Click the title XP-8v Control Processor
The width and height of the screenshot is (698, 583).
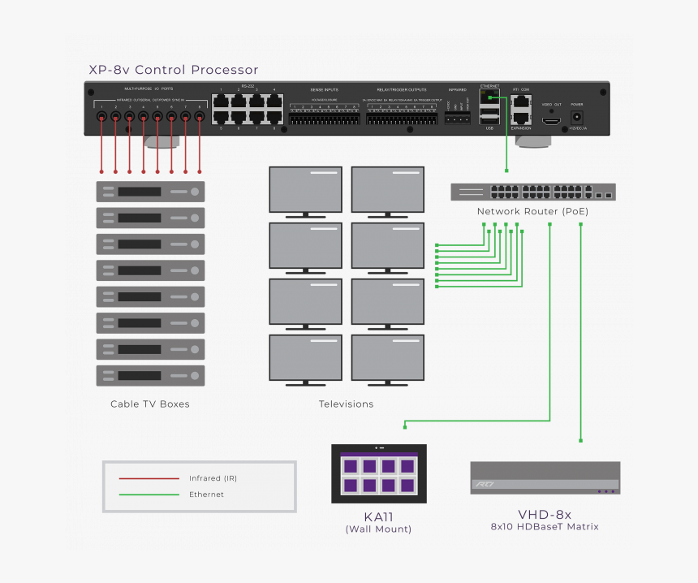pyautogui.click(x=173, y=70)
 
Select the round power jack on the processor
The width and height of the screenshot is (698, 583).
pyautogui.click(x=577, y=117)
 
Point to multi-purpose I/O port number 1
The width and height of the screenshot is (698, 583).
pyautogui.click(x=101, y=117)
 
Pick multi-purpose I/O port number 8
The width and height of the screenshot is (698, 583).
pyautogui.click(x=200, y=117)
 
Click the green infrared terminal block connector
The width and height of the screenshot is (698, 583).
pyautogui.click(x=457, y=118)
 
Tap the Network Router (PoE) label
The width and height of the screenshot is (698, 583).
pyautogui.click(x=532, y=211)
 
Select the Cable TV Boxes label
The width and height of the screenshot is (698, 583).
pyautogui.click(x=150, y=404)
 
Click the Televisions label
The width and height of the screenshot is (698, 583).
pyautogui.click(x=346, y=404)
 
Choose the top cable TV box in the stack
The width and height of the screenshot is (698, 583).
pyautogui.click(x=150, y=192)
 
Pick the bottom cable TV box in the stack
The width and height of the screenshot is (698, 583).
pyautogui.click(x=150, y=376)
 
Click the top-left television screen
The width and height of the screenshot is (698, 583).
pyautogui.click(x=306, y=189)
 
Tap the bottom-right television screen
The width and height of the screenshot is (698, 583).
pyautogui.click(x=387, y=357)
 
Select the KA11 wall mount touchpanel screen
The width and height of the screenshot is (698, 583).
pyautogui.click(x=379, y=476)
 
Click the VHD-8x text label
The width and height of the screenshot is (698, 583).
pyautogui.click(x=545, y=514)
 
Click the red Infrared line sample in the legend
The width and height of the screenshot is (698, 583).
pyautogui.click(x=149, y=478)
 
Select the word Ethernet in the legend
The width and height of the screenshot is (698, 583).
pyautogui.click(x=206, y=494)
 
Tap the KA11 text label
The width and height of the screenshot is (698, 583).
pyautogui.click(x=378, y=516)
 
